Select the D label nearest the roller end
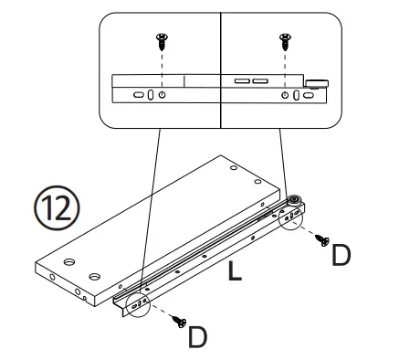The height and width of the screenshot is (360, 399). pyautogui.click(x=341, y=255)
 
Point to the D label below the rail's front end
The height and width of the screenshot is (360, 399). pyautogui.click(x=197, y=336)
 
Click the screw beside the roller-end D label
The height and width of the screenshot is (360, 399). pyautogui.click(x=320, y=240)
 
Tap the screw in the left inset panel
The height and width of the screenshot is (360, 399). pyautogui.click(x=161, y=39)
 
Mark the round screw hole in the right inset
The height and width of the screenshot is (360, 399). pyautogui.click(x=285, y=95)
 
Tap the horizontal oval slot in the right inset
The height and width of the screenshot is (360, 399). pyautogui.click(x=310, y=95)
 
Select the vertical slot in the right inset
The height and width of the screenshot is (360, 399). pyautogui.click(x=297, y=95)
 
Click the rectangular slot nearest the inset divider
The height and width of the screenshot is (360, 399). pyautogui.click(x=241, y=81)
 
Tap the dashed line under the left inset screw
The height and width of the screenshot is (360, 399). pyautogui.click(x=162, y=62)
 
